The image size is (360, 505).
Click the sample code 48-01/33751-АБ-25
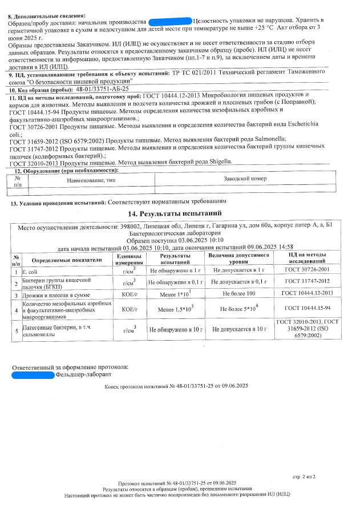click(x=103, y=90)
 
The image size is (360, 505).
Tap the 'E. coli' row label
click(x=29, y=270)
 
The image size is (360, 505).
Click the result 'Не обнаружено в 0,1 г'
click(x=175, y=282)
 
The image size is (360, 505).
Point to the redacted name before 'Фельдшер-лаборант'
click(x=33, y=375)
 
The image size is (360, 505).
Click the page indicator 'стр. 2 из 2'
click(x=304, y=475)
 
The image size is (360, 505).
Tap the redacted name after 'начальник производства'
click(x=169, y=20)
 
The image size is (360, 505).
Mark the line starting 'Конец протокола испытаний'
click(x=176, y=387)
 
